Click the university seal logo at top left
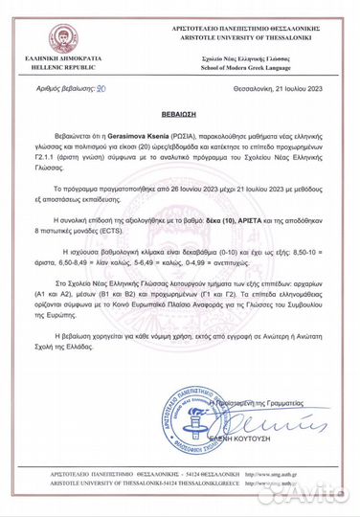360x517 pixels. pyautogui.click(x=40, y=28)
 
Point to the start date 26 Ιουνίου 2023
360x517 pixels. pyautogui.click(x=177, y=191)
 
